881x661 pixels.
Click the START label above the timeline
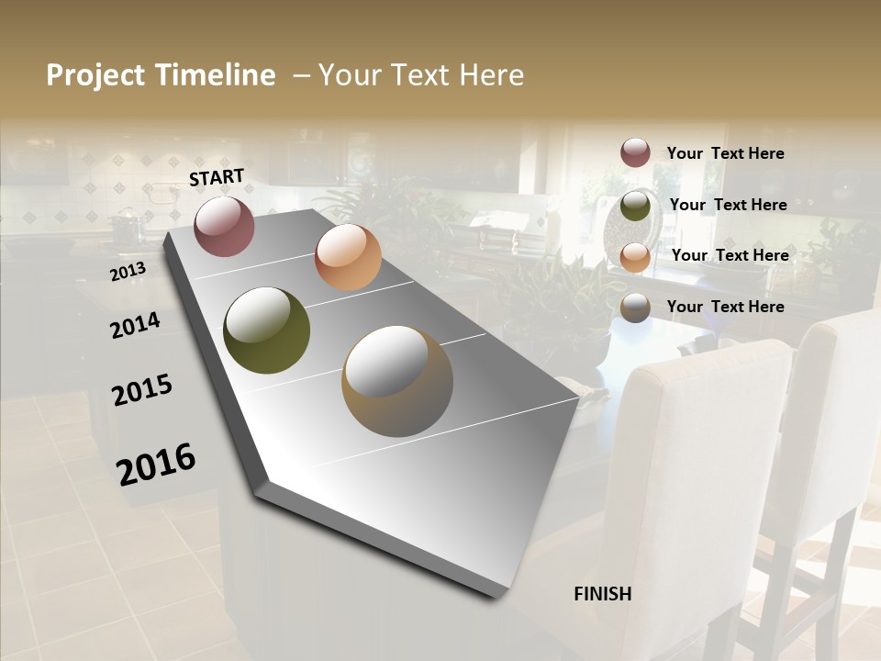[217, 177]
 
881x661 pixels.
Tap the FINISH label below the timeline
[603, 594]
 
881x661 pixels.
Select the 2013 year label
[128, 272]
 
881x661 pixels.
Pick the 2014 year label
[135, 325]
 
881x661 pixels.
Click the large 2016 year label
[156, 464]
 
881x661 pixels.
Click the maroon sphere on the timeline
[224, 226]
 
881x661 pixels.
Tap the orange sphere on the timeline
[348, 257]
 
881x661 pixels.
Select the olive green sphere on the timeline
[267, 330]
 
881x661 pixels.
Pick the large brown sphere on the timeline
[397, 381]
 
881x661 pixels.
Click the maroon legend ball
[635, 152]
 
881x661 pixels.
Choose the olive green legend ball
[635, 205]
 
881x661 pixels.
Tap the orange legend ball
[635, 256]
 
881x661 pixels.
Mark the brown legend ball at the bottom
[635, 308]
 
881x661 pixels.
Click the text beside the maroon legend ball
[725, 153]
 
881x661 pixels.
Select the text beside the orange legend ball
[730, 255]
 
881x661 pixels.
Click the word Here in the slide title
[492, 75]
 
